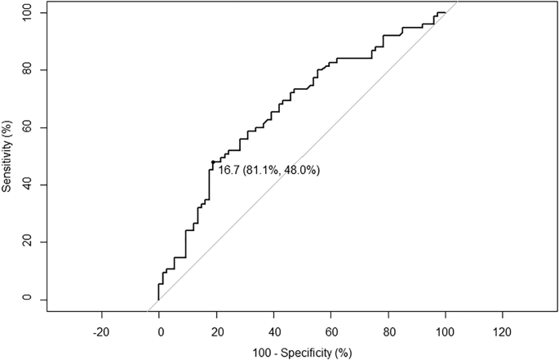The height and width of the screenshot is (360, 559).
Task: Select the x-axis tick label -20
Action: tap(101, 332)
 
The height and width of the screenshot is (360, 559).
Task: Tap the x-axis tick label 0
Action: tap(159, 332)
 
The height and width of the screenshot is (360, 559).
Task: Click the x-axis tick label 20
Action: tap(216, 332)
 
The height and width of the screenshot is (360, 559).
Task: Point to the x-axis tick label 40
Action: tap(273, 332)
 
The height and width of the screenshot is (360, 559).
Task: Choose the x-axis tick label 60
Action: tap(331, 332)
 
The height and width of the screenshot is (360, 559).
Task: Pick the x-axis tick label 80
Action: tap(388, 332)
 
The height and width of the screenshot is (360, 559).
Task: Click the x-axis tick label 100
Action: tap(445, 332)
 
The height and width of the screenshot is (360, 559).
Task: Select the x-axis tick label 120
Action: tap(502, 332)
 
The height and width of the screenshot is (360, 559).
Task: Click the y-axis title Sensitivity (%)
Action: tap(7, 156)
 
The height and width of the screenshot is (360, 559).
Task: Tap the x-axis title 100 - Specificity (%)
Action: tap(302, 353)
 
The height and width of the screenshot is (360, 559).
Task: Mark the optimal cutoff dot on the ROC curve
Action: tap(213, 162)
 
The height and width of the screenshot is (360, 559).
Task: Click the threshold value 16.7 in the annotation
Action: tap(228, 171)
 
